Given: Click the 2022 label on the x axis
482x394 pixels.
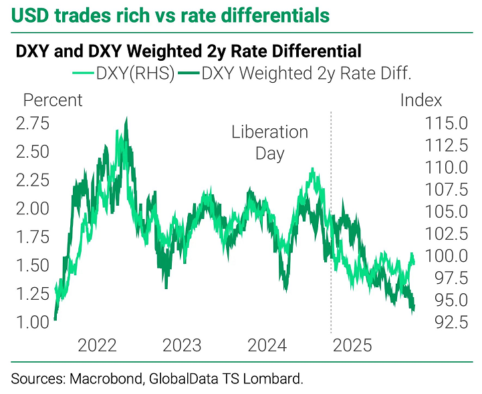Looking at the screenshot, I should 98,346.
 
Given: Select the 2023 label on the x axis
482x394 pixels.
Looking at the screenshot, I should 183,346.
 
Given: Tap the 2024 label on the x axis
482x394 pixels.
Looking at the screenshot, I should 267,346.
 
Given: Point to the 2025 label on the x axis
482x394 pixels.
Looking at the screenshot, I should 352,346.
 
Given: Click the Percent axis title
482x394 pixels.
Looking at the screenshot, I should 53,100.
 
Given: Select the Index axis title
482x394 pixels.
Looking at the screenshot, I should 421,100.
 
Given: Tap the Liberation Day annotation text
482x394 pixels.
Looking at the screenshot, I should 270,142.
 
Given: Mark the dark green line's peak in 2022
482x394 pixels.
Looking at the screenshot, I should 126,118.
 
